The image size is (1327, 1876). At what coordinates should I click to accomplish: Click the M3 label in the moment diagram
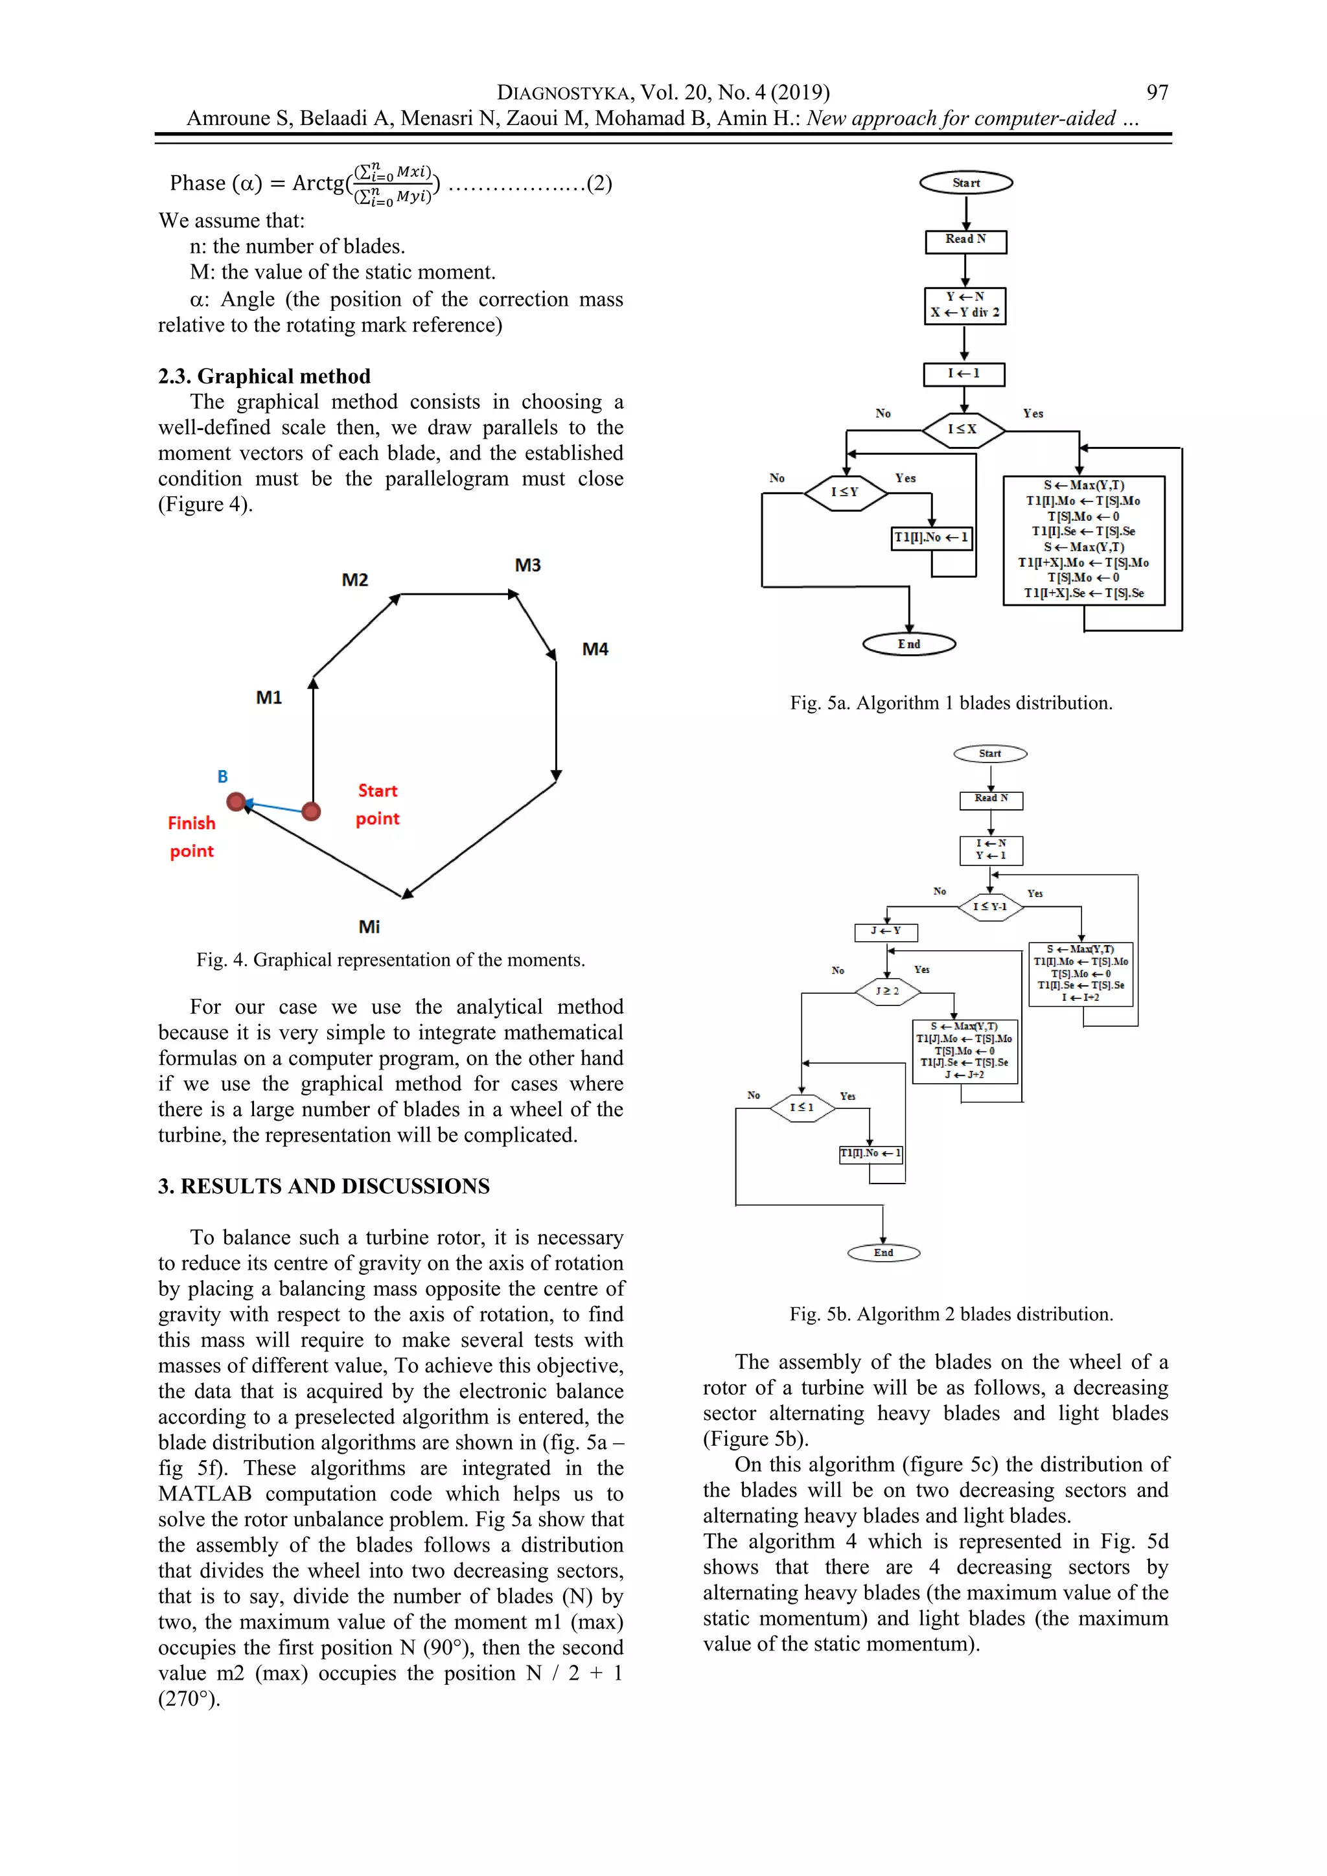coord(528,566)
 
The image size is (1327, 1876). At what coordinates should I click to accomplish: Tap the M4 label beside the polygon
coord(595,650)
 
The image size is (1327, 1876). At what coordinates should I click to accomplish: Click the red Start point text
coord(378,805)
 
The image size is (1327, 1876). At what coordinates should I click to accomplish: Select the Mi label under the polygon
coord(369,926)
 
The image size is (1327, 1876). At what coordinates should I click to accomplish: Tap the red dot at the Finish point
coord(236,803)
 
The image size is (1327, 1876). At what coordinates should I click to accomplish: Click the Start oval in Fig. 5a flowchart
coord(966,183)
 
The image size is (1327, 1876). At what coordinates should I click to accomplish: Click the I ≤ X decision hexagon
coord(964,429)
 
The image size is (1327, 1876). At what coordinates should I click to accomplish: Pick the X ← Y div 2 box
coord(965,306)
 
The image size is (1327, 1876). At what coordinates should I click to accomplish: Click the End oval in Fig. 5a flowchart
coord(908,645)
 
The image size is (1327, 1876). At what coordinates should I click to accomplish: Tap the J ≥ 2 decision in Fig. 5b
coord(888,991)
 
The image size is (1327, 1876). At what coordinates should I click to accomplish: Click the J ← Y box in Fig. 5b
coord(886,932)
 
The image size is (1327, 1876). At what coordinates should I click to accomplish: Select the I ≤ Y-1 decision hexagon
coord(990,907)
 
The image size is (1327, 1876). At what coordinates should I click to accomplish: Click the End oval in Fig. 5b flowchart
coord(883,1253)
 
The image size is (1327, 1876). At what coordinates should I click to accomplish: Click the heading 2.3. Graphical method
coord(264,376)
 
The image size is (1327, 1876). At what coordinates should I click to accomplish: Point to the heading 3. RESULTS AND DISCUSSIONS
coord(323,1186)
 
